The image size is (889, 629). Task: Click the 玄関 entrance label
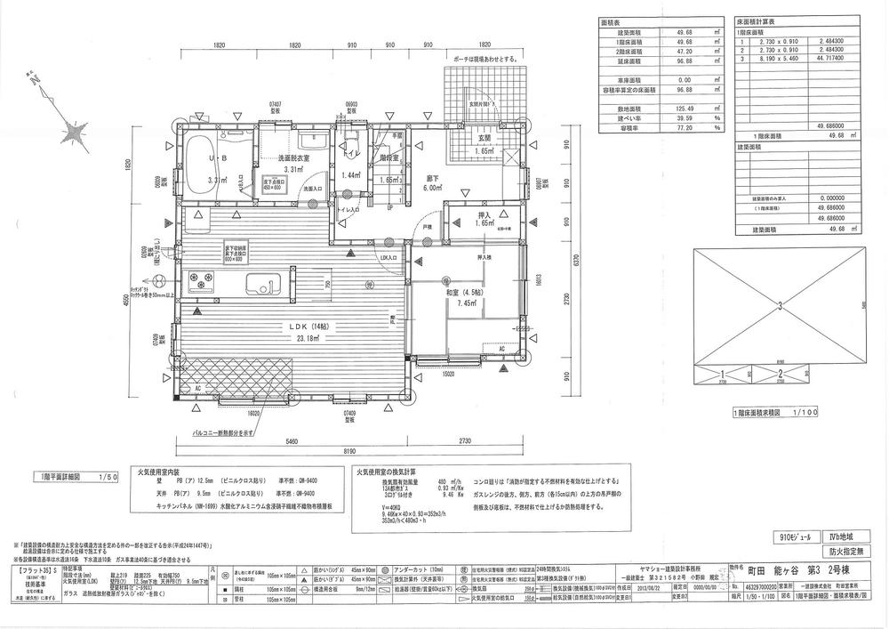pos(485,139)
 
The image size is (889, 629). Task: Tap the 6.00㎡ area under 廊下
pos(433,189)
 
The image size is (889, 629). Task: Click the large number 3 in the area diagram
pos(780,307)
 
